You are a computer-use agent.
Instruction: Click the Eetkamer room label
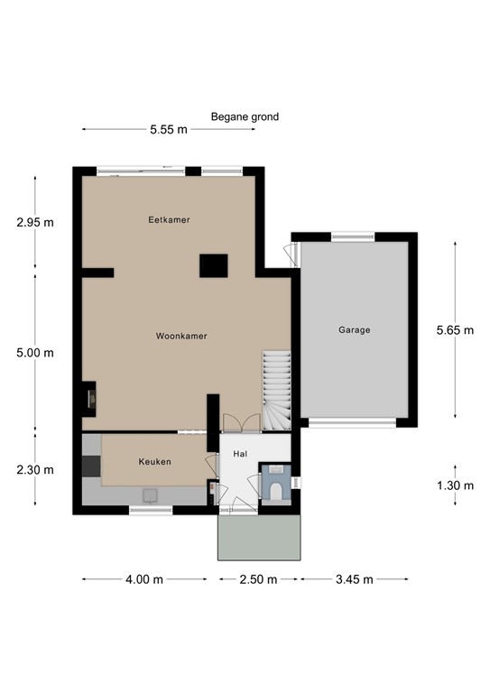(x=169, y=219)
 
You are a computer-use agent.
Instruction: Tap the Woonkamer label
(x=181, y=336)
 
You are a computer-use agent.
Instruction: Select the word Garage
(x=355, y=329)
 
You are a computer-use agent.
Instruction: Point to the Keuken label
(x=154, y=461)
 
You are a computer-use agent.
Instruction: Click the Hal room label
(x=240, y=454)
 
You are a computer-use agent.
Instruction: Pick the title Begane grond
(x=245, y=116)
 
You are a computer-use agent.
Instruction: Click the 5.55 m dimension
(x=169, y=130)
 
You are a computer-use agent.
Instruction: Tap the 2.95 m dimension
(x=35, y=222)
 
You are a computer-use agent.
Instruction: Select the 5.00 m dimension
(x=35, y=353)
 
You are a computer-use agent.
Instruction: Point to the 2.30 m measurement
(x=35, y=469)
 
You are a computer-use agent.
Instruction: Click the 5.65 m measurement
(x=455, y=329)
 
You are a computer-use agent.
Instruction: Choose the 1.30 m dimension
(x=455, y=485)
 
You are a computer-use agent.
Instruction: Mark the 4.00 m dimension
(x=144, y=579)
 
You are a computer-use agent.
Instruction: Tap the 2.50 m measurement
(x=258, y=579)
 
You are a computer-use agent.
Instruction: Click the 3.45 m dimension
(x=355, y=579)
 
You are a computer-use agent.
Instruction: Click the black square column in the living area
(x=213, y=265)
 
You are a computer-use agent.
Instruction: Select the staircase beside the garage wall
(x=277, y=390)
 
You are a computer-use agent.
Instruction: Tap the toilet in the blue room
(x=276, y=491)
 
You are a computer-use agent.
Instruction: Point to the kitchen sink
(x=150, y=495)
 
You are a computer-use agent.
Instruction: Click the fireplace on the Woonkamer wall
(x=88, y=399)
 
